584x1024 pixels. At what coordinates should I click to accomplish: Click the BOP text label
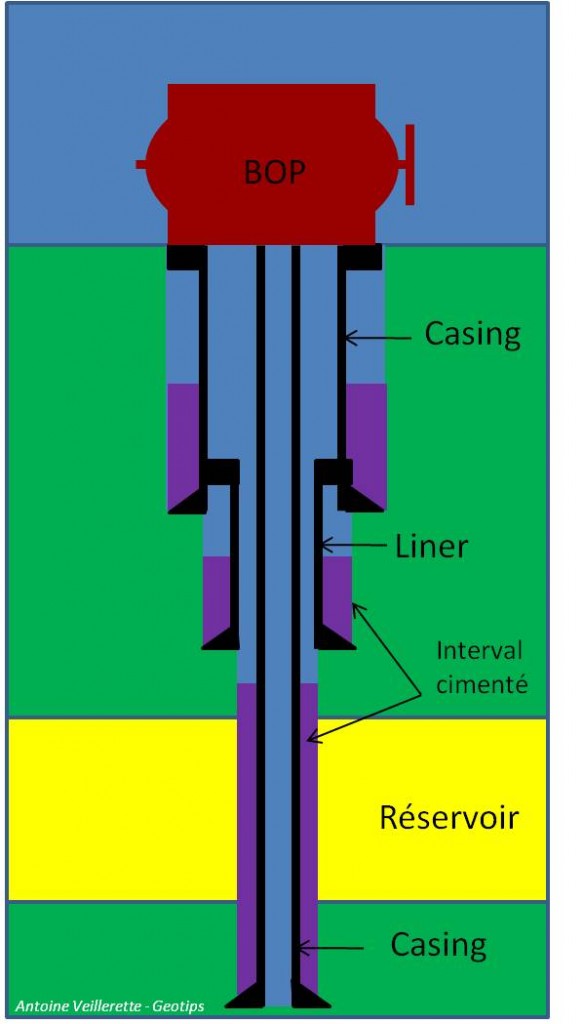pos(274,172)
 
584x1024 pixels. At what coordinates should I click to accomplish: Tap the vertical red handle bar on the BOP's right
pos(410,164)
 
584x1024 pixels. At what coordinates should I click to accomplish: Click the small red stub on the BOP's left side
pos(141,165)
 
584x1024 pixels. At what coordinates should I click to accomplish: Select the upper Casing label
pos(472,334)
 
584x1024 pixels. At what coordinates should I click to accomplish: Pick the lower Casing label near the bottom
pos(438,945)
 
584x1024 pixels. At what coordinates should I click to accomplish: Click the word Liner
pos(432,547)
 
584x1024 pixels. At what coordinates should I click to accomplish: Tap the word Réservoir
pos(449,817)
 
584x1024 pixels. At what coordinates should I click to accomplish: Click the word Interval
pos(479,651)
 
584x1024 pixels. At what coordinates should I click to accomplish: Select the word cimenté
pos(481,684)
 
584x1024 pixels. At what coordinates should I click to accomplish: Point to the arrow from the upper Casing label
pos(378,338)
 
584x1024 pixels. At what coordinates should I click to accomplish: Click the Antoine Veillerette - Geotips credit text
pos(110,1006)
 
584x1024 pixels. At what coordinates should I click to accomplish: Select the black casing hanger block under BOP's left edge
pos(186,257)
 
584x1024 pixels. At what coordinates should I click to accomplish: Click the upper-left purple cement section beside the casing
pos(182,444)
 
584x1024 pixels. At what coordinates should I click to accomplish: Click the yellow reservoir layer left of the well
pos(122,809)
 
